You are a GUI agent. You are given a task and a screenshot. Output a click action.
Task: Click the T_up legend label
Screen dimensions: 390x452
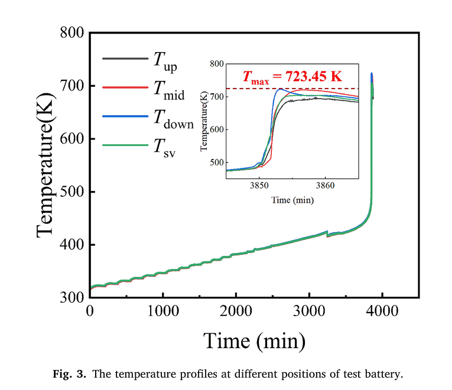(x=165, y=61)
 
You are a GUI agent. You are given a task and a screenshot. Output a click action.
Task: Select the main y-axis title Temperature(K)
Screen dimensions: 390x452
(x=47, y=165)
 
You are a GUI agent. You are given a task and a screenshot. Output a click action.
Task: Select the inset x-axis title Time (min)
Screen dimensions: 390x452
(x=292, y=200)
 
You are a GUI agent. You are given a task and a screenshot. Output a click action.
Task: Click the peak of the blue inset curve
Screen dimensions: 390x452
(x=280, y=89)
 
